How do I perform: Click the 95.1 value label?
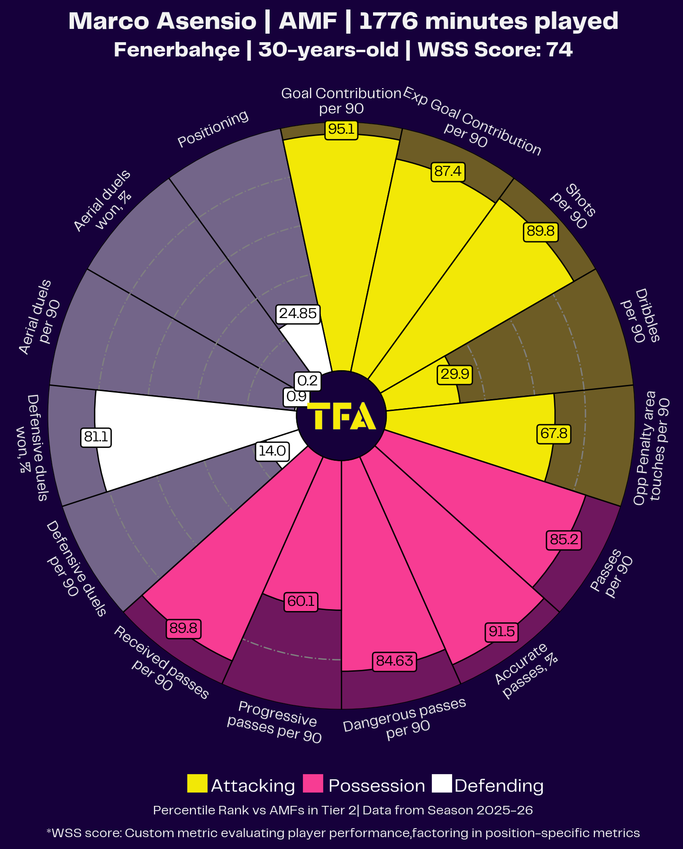341,129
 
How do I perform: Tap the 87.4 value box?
447,171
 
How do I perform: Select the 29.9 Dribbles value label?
455,374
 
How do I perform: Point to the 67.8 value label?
554,434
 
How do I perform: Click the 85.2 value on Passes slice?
564,540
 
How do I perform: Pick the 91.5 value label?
501,632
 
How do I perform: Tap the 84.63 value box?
394,661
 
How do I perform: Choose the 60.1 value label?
301,602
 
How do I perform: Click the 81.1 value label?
96,437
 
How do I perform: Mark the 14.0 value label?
272,451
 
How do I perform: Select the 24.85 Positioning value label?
298,314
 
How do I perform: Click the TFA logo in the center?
341,416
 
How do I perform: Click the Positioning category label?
213,129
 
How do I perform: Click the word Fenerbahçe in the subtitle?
176,50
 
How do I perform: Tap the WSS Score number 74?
559,50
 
